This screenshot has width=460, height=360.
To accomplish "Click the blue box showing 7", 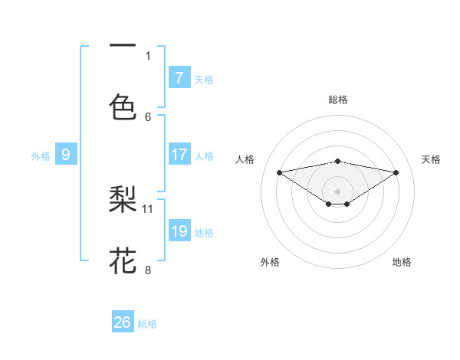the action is pyautogui.click(x=179, y=77).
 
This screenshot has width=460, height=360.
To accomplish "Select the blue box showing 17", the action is pyautogui.click(x=179, y=155).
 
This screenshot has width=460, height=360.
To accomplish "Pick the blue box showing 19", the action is pyautogui.click(x=179, y=231).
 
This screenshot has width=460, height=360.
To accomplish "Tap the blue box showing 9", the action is pyautogui.click(x=66, y=155).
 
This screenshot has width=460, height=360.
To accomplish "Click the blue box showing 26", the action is pyautogui.click(x=123, y=322).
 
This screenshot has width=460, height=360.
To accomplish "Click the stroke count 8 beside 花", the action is pyautogui.click(x=148, y=270).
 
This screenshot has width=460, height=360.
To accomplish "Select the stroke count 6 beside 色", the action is pyautogui.click(x=148, y=116).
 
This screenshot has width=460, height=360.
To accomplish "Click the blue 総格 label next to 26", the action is pyautogui.click(x=147, y=324).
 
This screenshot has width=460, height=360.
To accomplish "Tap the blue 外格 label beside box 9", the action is pyautogui.click(x=41, y=156).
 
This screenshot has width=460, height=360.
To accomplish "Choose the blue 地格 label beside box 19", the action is pyautogui.click(x=204, y=233).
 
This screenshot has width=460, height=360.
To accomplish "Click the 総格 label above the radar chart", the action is pyautogui.click(x=337, y=100).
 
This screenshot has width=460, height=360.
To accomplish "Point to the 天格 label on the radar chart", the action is pyautogui.click(x=432, y=159).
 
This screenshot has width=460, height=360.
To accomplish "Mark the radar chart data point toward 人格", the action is pyautogui.click(x=280, y=172).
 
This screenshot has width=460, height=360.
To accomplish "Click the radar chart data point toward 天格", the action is pyautogui.click(x=396, y=172).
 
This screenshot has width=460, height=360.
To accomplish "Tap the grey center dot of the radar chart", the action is pyautogui.click(x=337, y=191).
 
